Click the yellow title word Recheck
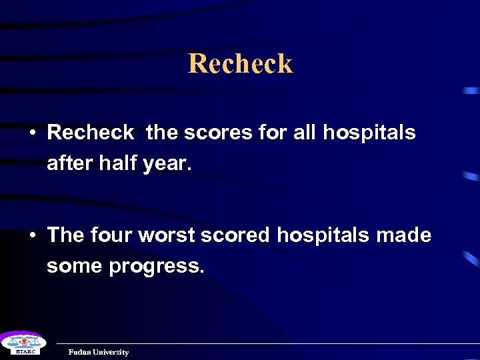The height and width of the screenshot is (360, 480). click(240, 64)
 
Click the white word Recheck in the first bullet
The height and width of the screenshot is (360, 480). click(90, 133)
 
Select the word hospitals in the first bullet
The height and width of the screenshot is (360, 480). click(369, 133)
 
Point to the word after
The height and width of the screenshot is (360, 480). click(69, 163)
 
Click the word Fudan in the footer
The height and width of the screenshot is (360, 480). click(80, 352)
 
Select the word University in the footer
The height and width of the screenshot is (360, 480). click(111, 352)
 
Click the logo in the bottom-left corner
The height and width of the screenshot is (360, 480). click(21, 343)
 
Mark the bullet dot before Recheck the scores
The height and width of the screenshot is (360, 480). click(32, 133)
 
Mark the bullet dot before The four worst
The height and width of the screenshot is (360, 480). click(32, 236)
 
